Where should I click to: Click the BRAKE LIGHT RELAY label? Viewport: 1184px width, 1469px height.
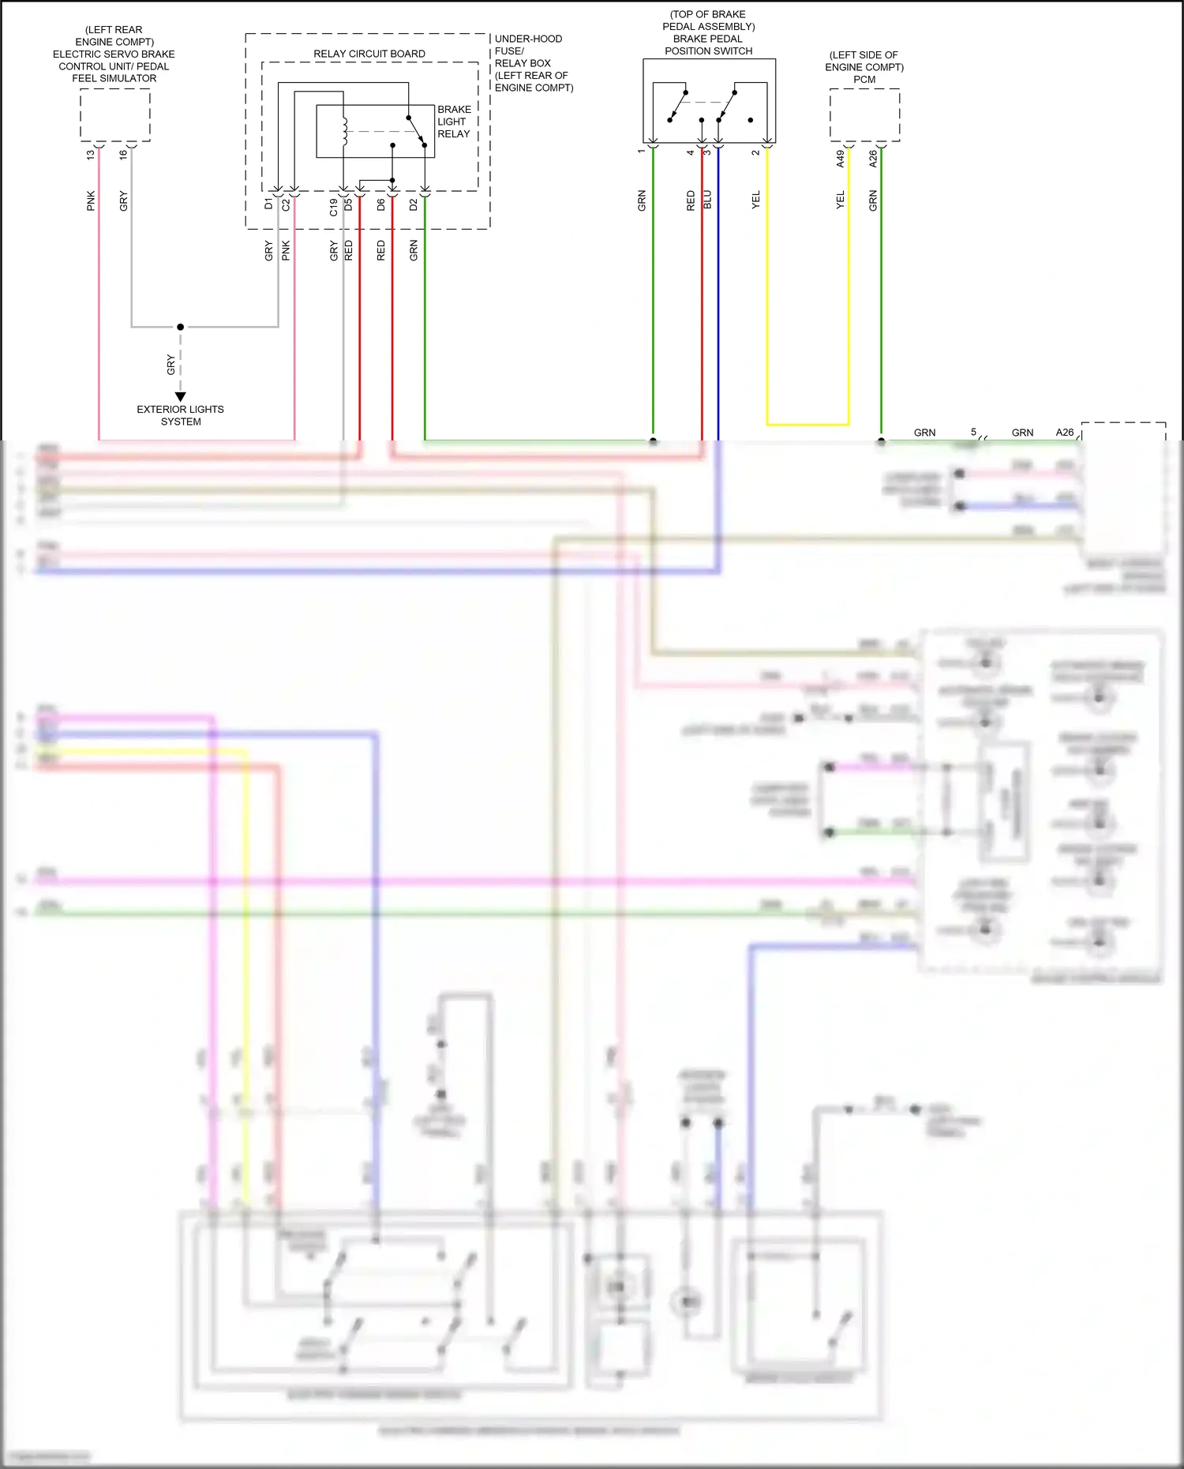pyautogui.click(x=454, y=122)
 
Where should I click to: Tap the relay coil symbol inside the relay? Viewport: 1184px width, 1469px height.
pyautogui.click(x=344, y=132)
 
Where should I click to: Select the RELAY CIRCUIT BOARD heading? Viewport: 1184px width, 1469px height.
pyautogui.click(x=369, y=54)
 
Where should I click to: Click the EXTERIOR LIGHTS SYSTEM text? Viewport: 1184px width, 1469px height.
pyautogui.click(x=181, y=415)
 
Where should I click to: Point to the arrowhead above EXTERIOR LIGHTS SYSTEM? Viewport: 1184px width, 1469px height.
pyautogui.click(x=181, y=396)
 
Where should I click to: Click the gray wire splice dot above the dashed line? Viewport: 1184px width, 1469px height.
pyautogui.click(x=181, y=327)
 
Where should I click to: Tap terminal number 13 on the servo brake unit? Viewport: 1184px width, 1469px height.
pyautogui.click(x=91, y=155)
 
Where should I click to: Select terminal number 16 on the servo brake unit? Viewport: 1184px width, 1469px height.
pyautogui.click(x=123, y=155)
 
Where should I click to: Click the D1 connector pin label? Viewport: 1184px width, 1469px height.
pyautogui.click(x=268, y=204)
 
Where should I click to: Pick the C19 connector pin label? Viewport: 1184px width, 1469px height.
pyautogui.click(x=334, y=207)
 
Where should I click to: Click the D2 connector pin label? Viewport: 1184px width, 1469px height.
pyautogui.click(x=414, y=204)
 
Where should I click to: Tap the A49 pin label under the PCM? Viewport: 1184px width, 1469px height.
pyautogui.click(x=841, y=159)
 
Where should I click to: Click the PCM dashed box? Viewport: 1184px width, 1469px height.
pyautogui.click(x=864, y=115)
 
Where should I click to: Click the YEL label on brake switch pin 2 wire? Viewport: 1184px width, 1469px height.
pyautogui.click(x=755, y=200)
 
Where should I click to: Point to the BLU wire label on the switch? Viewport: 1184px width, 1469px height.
pyautogui.click(x=707, y=200)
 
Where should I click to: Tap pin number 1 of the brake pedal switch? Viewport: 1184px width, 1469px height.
pyautogui.click(x=641, y=152)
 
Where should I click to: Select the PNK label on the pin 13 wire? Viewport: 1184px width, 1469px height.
pyautogui.click(x=91, y=200)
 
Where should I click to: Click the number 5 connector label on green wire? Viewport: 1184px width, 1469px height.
pyautogui.click(x=973, y=432)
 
